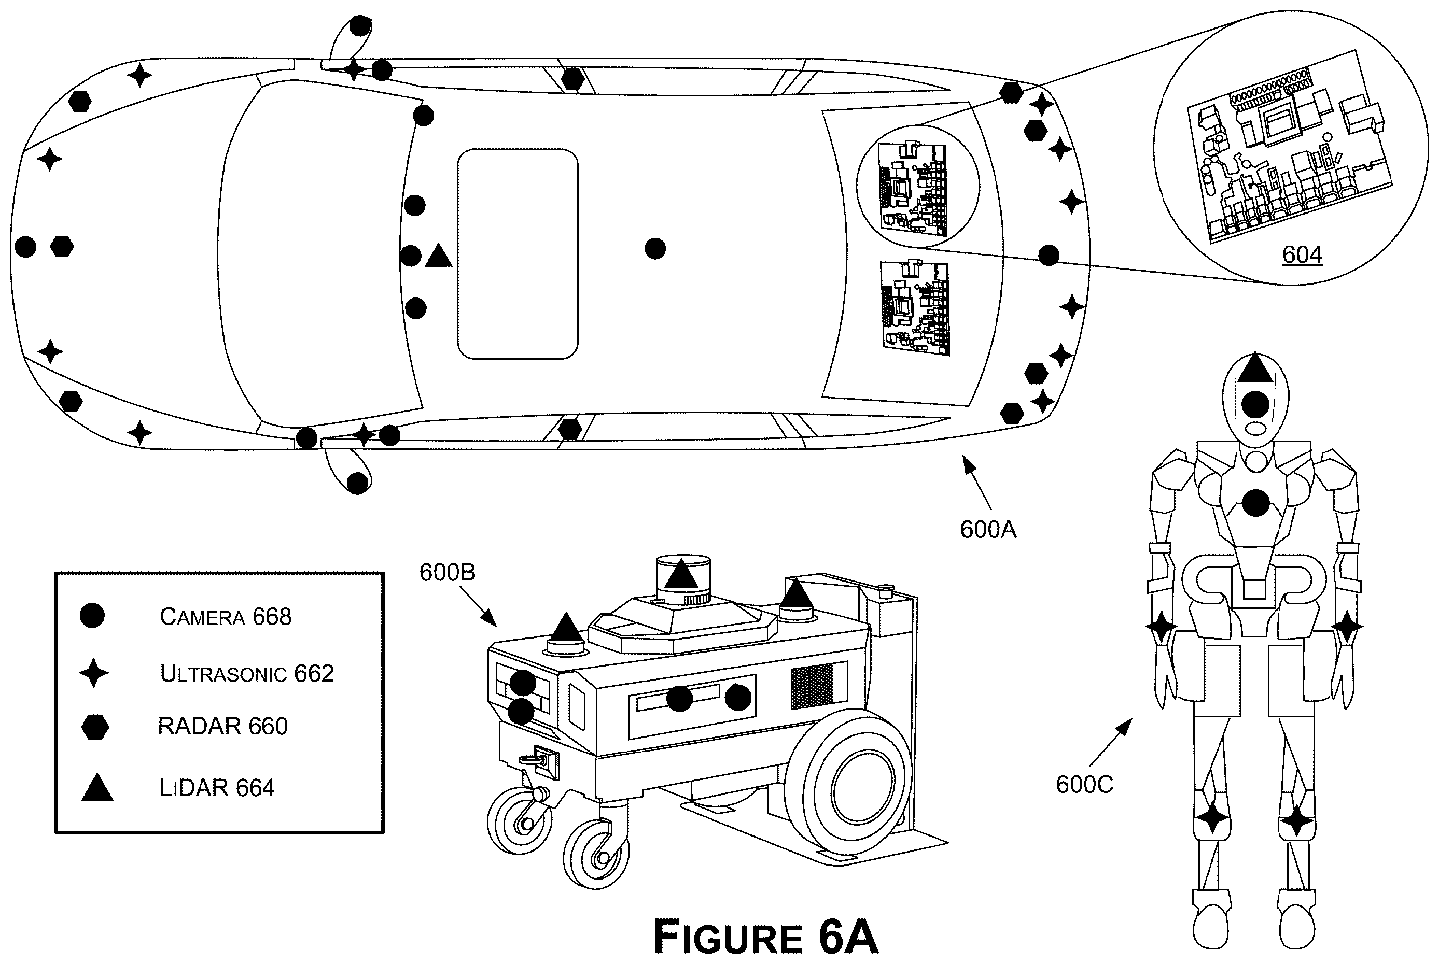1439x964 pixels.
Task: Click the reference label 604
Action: (1302, 254)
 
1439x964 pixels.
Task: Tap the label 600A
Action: (988, 529)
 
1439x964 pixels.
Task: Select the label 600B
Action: (447, 572)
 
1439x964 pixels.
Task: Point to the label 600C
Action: (1085, 785)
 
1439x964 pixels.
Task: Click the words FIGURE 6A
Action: (765, 937)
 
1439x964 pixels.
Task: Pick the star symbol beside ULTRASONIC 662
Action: (94, 673)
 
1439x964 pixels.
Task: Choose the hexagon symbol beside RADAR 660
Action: (95, 727)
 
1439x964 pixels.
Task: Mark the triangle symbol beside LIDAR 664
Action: (97, 788)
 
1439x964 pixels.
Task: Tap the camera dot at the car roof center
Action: (655, 249)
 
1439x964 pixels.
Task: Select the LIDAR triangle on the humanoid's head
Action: (1254, 369)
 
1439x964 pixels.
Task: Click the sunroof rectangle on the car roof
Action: (518, 253)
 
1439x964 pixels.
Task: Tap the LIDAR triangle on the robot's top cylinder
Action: (681, 575)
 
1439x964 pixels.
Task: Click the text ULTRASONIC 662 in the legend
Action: (247, 674)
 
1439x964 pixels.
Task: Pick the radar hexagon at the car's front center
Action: (62, 247)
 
